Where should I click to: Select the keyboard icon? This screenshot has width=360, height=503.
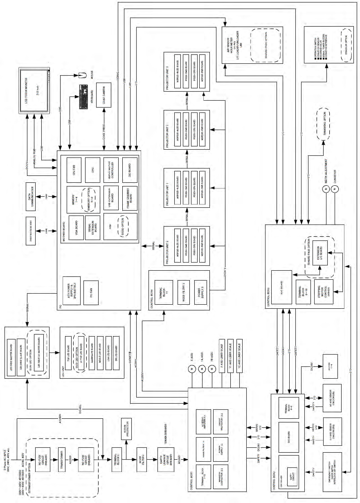tap(82, 96)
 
